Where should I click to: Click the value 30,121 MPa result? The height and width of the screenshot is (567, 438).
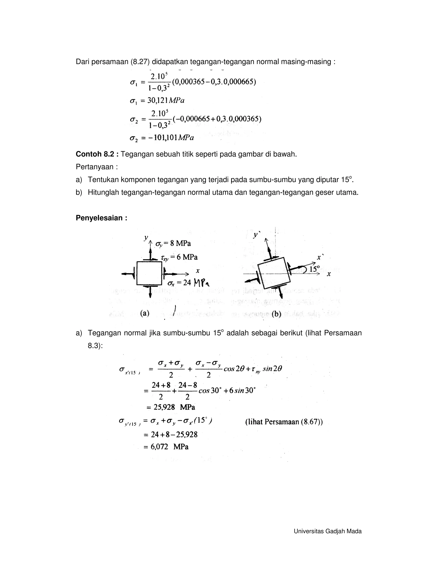166,101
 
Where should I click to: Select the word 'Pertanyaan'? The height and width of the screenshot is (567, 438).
95,167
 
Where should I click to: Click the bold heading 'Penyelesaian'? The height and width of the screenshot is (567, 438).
101,218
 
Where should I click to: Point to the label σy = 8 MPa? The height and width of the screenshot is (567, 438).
173,243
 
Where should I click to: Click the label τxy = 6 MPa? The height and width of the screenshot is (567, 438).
179,257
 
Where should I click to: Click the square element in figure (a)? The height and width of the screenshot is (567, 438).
149,273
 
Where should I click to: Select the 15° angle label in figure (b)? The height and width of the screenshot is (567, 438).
315,269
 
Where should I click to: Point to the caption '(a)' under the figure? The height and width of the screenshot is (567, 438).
145,313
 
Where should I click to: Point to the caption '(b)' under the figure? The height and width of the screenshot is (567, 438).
276,314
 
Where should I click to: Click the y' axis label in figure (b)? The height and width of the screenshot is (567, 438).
256,235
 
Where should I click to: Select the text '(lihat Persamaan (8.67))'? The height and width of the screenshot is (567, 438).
284,422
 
